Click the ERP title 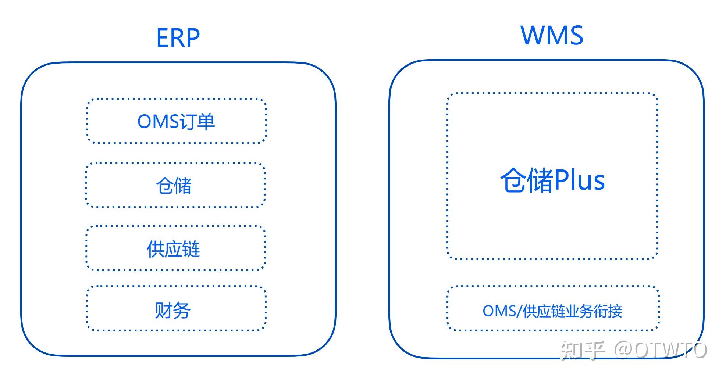178,38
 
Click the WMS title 552,36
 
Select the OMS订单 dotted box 176,121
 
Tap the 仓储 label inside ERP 174,186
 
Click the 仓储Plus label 552,180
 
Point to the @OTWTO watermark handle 660,350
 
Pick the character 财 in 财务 164,310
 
